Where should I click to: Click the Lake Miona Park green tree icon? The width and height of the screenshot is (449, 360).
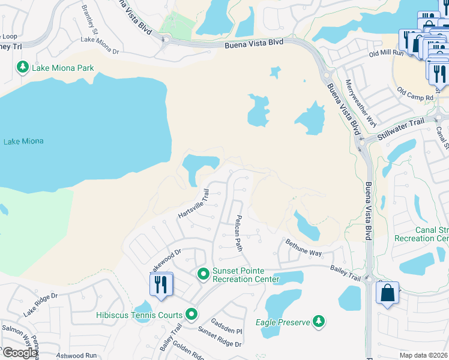pyautogui.click(x=23, y=67)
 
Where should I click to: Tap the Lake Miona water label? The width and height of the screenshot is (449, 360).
pyautogui.click(x=23, y=142)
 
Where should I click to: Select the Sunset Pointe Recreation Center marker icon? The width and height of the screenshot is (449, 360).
pyautogui.click(x=203, y=274)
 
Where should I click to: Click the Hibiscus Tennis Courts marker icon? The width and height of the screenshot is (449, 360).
pyautogui.click(x=191, y=314)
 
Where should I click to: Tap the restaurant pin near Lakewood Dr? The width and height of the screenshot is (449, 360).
pyautogui.click(x=160, y=284)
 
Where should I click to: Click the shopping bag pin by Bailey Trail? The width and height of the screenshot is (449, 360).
pyautogui.click(x=387, y=293)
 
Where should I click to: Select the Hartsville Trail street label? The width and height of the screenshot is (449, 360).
pyautogui.click(x=193, y=205)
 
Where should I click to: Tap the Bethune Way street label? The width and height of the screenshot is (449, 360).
pyautogui.click(x=304, y=248)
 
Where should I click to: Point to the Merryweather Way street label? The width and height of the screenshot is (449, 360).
pyautogui.click(x=361, y=103)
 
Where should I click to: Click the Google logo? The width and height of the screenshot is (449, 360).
pyautogui.click(x=19, y=353)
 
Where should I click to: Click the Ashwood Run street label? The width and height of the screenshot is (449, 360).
pyautogui.click(x=76, y=355)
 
